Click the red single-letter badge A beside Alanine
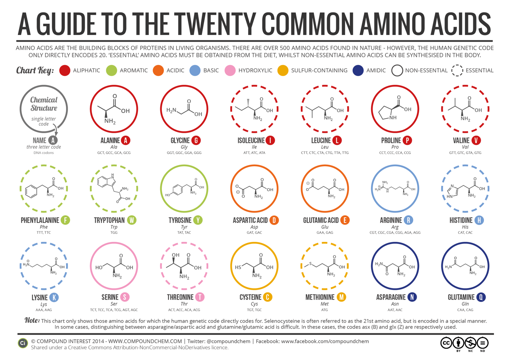(126, 140)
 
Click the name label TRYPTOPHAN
(109, 220)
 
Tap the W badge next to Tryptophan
(132, 220)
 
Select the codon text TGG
(114, 232)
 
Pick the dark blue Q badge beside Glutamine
(482, 297)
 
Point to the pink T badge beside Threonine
(200, 297)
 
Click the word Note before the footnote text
(32, 320)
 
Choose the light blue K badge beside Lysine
(54, 297)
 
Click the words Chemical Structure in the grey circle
(44, 104)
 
